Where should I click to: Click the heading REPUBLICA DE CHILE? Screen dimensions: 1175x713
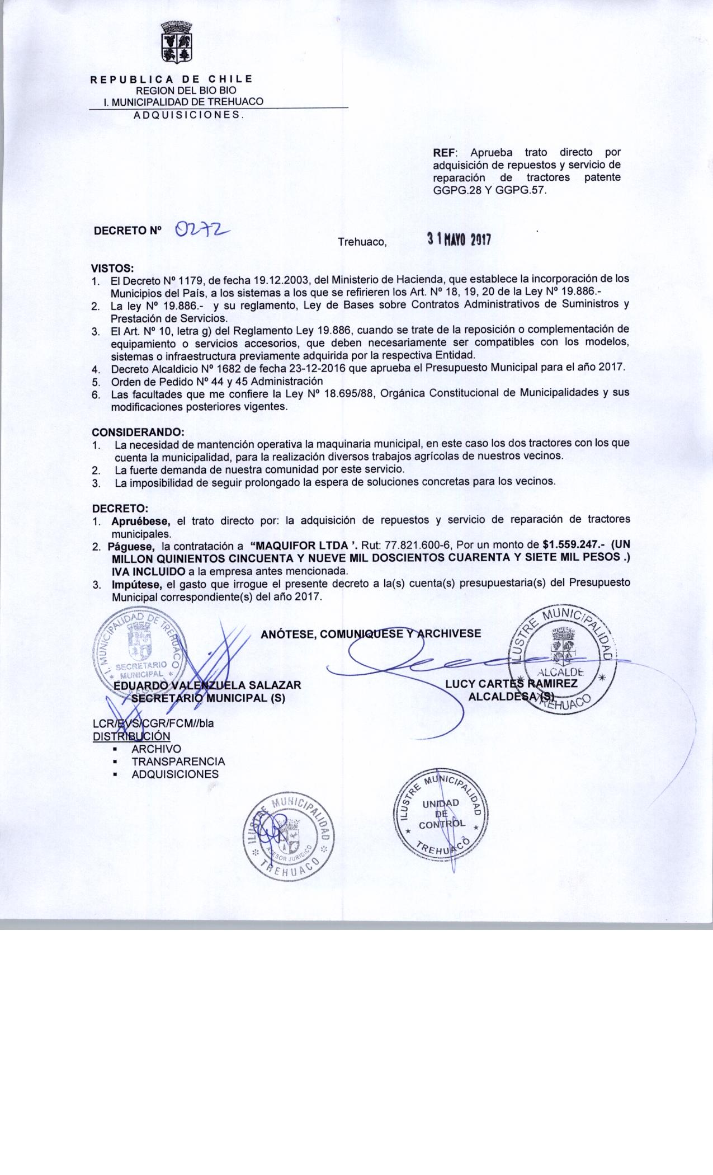[x=172, y=79]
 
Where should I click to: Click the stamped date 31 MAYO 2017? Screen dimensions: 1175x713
[x=459, y=239]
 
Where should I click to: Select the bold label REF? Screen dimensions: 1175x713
[x=445, y=152]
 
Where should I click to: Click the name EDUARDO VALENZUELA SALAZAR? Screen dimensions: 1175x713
[x=207, y=685]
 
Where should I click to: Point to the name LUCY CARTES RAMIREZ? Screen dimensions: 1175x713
[x=511, y=684]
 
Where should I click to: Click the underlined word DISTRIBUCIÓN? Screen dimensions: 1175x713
[x=131, y=736]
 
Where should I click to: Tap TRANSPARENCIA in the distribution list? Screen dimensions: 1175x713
[x=178, y=762]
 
